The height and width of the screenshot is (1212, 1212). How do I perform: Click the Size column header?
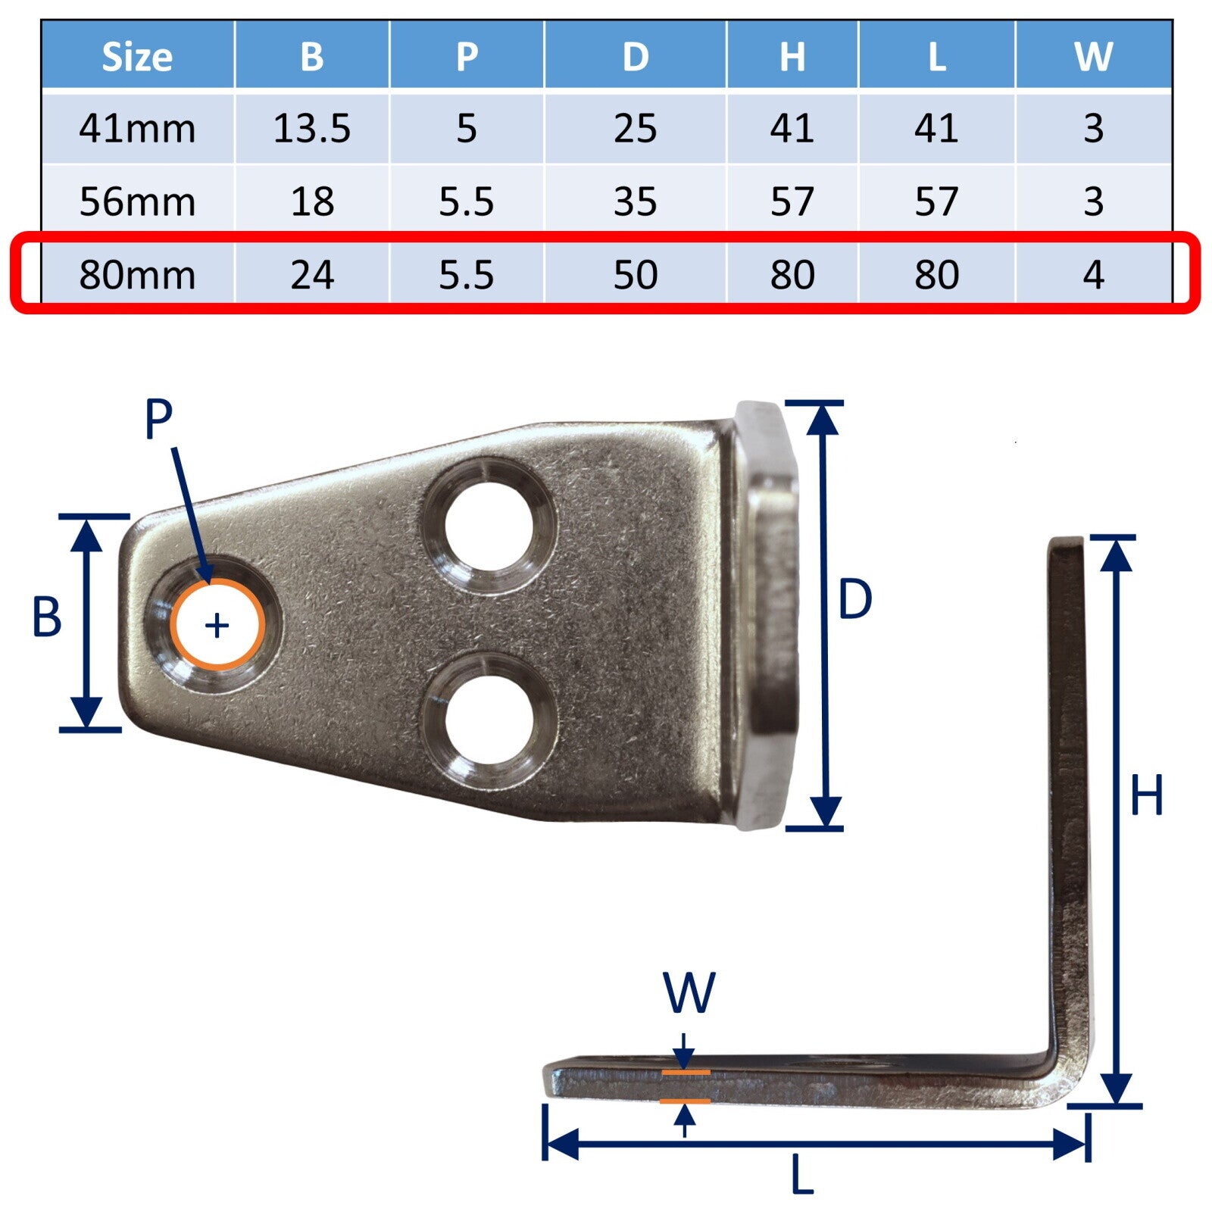click(137, 56)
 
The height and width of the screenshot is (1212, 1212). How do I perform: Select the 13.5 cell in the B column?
click(312, 128)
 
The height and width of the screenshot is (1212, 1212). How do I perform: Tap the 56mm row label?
click(137, 201)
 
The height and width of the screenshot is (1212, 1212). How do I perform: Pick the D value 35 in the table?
click(635, 201)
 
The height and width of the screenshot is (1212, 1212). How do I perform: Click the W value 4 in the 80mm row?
click(1093, 274)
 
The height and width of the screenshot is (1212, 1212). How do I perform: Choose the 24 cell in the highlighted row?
click(312, 274)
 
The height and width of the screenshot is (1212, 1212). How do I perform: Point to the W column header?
click(1093, 56)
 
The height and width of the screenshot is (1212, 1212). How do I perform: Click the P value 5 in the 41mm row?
click(467, 128)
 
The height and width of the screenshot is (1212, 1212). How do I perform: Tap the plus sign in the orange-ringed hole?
click(217, 626)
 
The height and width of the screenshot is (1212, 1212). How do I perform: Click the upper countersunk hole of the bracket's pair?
click(489, 524)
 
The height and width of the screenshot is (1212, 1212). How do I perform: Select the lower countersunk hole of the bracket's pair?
click(489, 719)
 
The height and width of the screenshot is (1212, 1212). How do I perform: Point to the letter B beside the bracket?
click(46, 617)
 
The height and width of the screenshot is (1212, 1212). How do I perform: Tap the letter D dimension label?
click(855, 600)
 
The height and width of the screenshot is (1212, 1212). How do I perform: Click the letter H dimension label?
click(1146, 795)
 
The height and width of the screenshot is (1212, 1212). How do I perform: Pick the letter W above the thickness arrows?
click(689, 992)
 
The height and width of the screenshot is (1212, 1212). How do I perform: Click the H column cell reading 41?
click(792, 128)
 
